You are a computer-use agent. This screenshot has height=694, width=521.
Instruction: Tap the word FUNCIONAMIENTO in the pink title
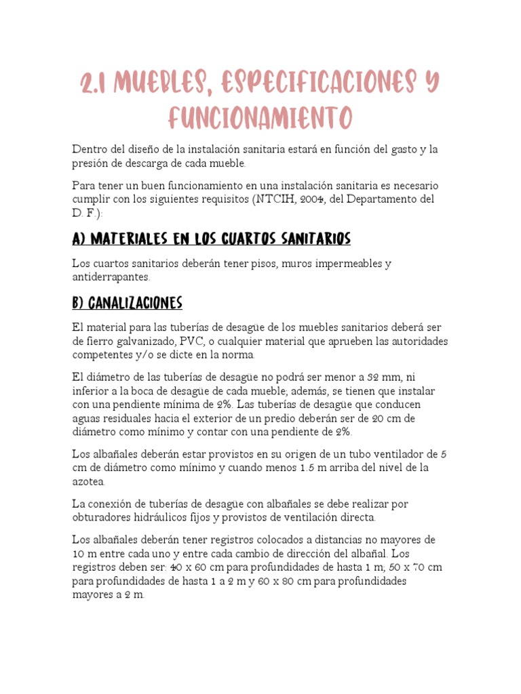(x=260, y=117)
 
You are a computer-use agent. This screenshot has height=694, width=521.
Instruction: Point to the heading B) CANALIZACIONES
(x=128, y=302)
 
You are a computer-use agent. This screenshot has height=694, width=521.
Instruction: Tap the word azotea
(x=88, y=481)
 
